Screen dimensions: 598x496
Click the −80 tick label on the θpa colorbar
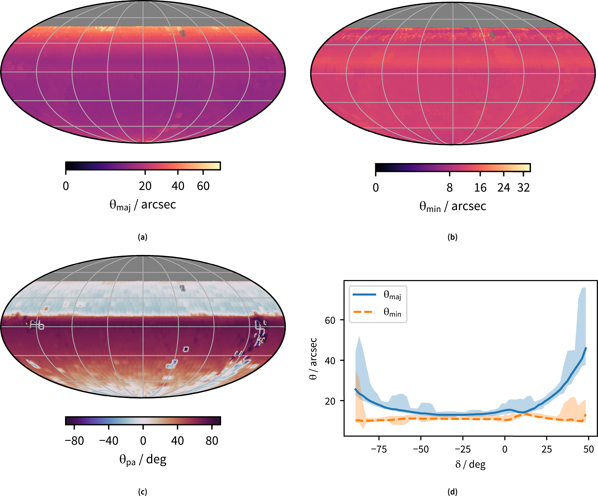[x=74, y=441]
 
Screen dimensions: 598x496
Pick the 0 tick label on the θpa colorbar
[x=143, y=441]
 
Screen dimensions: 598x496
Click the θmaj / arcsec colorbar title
[x=143, y=205]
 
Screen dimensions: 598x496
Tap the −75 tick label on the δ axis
[x=379, y=449]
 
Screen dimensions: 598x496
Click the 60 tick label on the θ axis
[x=330, y=320]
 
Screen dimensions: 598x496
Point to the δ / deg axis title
[x=470, y=464]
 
